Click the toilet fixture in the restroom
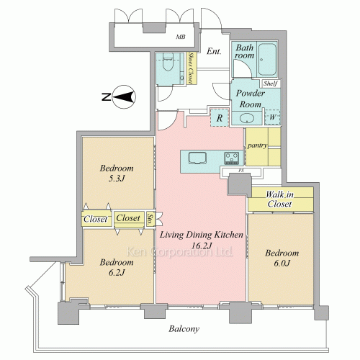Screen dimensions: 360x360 168,62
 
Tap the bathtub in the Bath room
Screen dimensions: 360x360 267,59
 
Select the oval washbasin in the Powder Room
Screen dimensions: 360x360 247,118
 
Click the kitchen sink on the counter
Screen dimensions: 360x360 197,158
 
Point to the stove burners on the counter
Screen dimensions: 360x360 231,158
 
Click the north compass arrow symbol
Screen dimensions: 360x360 124,97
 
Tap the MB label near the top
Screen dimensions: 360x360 181,37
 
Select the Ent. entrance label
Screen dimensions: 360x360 214,51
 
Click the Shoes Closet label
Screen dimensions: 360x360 192,68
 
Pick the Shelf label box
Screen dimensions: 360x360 271,84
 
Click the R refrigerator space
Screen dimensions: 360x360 220,117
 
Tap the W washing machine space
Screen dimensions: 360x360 272,117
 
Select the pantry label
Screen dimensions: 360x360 257,145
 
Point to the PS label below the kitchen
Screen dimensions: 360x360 240,171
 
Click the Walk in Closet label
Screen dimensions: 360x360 279,199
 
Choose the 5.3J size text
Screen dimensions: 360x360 117,179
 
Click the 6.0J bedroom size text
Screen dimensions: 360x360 282,264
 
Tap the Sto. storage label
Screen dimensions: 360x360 150,220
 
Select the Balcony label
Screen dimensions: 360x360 184,329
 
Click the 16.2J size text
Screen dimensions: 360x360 202,246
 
